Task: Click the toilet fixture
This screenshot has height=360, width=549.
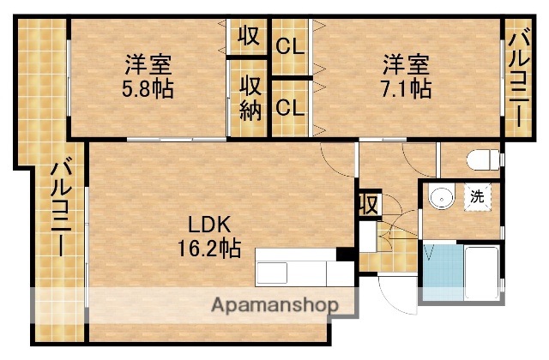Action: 483,159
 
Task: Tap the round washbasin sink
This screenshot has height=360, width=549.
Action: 440,197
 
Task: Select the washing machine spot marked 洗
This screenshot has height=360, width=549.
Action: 477,196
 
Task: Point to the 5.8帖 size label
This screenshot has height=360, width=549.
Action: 148,87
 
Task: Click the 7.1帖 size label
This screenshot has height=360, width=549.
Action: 405,87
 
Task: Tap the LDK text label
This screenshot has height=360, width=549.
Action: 209,226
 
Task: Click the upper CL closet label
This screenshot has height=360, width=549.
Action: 290,47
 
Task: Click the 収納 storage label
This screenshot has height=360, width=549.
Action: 250,98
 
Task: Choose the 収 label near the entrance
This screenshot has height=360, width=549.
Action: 368,205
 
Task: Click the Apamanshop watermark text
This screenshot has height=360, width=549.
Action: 274,304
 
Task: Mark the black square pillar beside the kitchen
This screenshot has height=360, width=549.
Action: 345,254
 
